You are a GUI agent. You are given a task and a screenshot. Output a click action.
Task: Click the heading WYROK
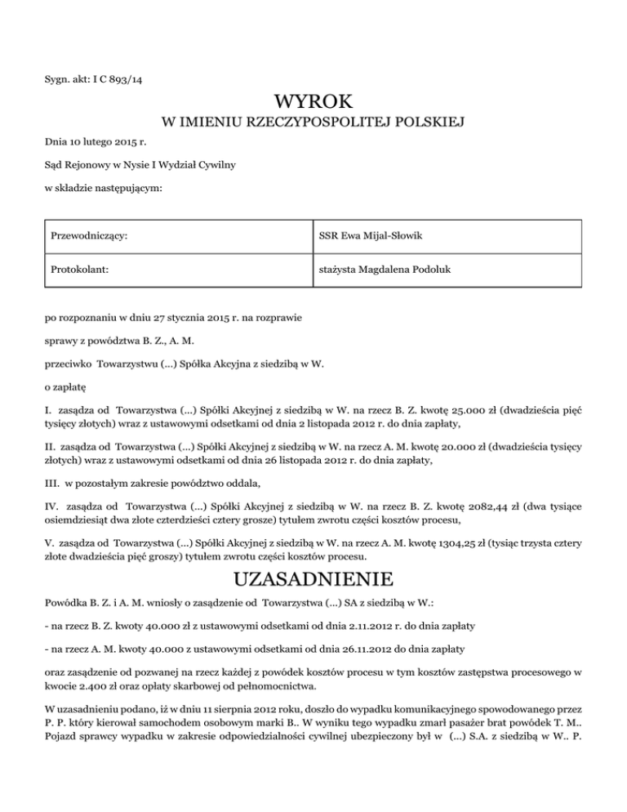click(313, 102)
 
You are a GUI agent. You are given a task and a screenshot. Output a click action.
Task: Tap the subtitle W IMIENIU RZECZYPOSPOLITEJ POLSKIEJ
click(313, 123)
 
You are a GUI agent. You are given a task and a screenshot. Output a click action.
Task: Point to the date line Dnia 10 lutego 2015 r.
click(90, 143)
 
